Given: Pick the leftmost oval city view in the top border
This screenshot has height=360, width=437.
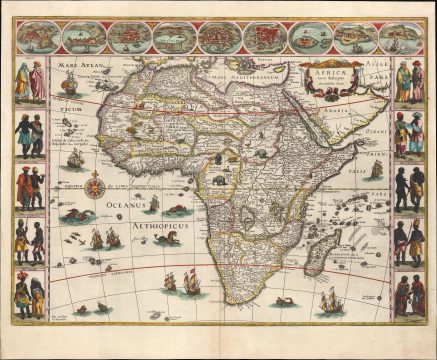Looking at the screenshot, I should click(x=38, y=38).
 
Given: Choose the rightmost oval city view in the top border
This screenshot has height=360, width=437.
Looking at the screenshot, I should click(x=399, y=38).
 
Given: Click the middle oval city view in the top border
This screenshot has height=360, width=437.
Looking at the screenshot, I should click(x=218, y=38).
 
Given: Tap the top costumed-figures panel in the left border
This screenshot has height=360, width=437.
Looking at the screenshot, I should click(x=29, y=81).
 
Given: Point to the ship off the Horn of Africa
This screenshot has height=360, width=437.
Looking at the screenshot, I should click(x=375, y=167).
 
